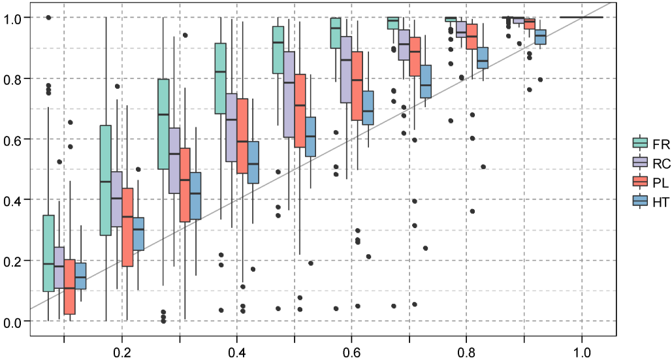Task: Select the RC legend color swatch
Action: [640, 162]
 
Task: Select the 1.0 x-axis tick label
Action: [582, 350]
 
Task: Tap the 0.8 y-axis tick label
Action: [13, 78]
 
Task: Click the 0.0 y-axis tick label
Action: [13, 321]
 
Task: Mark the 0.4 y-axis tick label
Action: [13, 199]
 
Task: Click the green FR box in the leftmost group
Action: [48, 253]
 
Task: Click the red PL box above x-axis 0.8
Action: [472, 37]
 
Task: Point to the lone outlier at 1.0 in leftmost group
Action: [48, 18]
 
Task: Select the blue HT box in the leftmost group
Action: [81, 276]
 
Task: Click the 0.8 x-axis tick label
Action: [466, 350]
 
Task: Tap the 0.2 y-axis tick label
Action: [13, 260]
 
